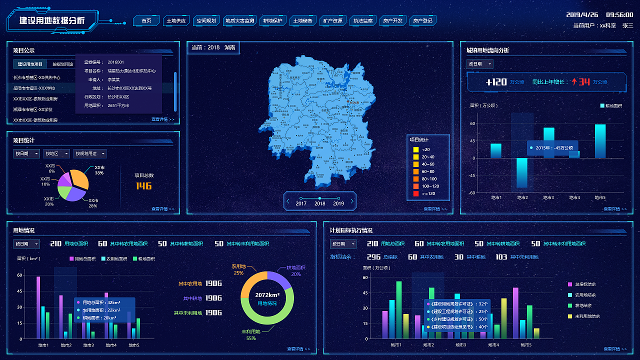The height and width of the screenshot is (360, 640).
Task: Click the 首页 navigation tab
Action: click(146, 21)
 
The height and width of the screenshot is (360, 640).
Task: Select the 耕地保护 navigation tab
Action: click(273, 21)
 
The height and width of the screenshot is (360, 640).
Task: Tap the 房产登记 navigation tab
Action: click(422, 21)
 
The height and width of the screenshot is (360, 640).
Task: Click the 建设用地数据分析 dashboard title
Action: click(52, 21)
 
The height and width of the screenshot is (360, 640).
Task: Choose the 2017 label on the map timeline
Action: click(301, 203)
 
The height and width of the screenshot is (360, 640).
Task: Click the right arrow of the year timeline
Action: click(352, 201)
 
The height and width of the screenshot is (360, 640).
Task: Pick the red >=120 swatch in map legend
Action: click(415, 193)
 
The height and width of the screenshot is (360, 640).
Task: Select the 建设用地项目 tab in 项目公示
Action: click(30, 64)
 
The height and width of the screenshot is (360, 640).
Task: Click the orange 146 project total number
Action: click(143, 186)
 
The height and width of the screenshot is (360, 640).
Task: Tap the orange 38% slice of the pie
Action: click(80, 178)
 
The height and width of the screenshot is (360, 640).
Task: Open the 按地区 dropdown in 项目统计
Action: click(56, 154)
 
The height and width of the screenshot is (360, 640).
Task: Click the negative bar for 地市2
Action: click(522, 172)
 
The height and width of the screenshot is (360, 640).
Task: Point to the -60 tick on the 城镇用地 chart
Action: click(472, 192)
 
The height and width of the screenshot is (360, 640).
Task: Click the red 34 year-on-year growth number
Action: click(584, 82)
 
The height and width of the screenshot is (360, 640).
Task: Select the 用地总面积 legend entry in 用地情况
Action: click(83, 258)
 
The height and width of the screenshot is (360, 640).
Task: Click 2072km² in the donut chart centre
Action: click(267, 295)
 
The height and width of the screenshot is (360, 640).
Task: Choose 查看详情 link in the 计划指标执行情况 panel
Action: click(614, 349)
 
